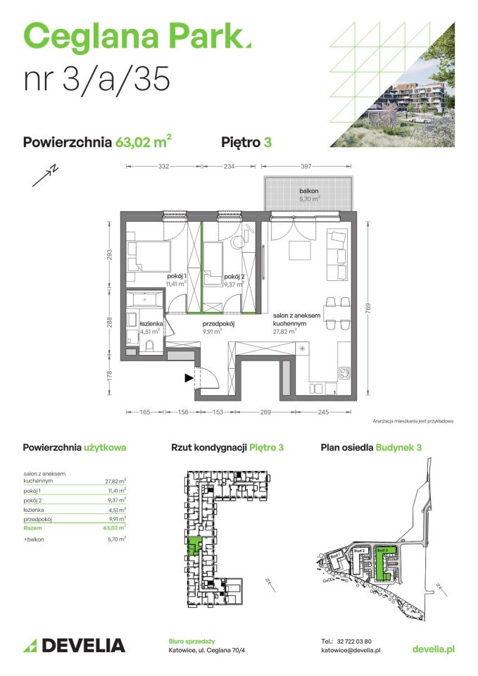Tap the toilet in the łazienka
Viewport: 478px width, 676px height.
[x=149, y=345]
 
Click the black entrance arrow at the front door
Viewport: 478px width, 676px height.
[x=189, y=378]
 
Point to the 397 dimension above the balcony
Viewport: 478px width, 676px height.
[x=306, y=167]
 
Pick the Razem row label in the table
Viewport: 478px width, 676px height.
[x=32, y=526]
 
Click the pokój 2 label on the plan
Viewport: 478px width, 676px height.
[x=234, y=277]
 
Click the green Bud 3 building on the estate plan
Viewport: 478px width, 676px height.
[x=383, y=563]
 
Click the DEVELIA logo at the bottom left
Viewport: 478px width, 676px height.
[x=74, y=645]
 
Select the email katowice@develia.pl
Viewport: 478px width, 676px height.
[x=351, y=651]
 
